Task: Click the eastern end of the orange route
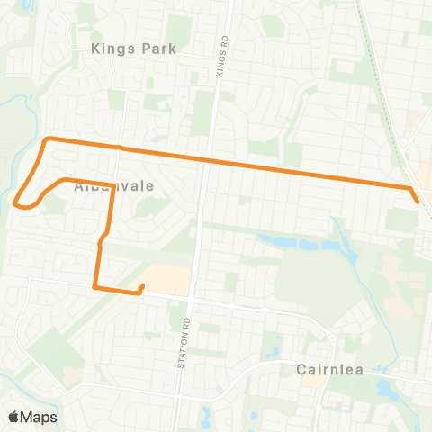(x=418, y=202)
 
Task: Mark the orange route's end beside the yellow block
(x=143, y=286)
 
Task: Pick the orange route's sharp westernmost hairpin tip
(x=16, y=203)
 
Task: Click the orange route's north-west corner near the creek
(x=48, y=139)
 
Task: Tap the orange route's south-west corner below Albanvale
(x=95, y=287)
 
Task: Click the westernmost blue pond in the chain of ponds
(x=271, y=240)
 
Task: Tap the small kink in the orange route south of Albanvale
(x=102, y=238)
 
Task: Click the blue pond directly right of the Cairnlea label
(x=388, y=388)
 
